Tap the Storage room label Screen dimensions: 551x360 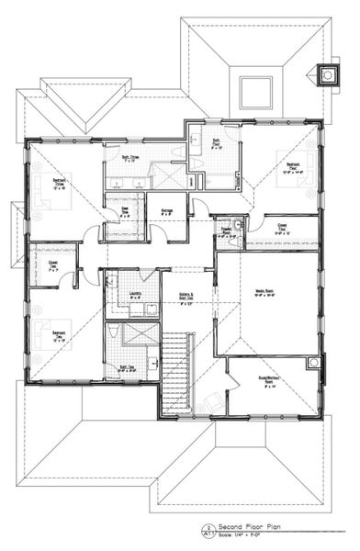(166, 211)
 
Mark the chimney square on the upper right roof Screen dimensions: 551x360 (325, 73)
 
